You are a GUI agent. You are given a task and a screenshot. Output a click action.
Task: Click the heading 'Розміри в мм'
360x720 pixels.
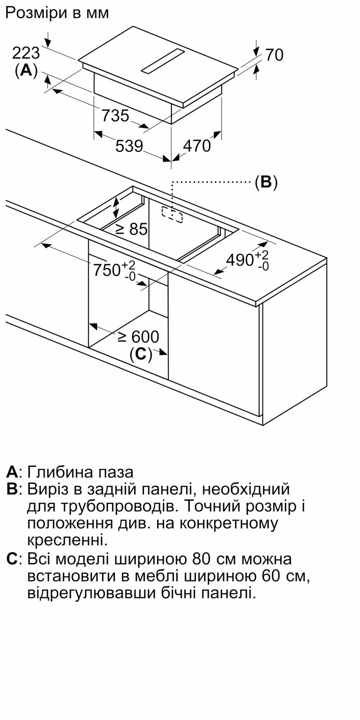[57, 13]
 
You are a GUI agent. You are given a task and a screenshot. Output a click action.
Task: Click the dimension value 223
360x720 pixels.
[26, 53]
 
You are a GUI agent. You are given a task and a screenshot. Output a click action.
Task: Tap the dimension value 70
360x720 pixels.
[274, 55]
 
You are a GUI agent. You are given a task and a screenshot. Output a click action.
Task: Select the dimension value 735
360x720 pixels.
[115, 116]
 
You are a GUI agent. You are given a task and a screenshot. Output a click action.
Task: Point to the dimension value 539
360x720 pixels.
[129, 146]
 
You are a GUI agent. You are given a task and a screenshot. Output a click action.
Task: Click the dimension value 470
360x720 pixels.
[197, 146]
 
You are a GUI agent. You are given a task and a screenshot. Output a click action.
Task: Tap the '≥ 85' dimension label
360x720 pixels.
[131, 229]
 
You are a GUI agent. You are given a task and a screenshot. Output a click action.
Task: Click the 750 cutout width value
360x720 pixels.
[107, 270]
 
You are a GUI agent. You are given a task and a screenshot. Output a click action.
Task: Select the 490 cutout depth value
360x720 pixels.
[240, 260]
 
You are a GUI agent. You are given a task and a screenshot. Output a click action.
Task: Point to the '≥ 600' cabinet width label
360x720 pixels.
[139, 337]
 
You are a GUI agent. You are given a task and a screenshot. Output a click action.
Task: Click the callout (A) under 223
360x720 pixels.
[26, 70]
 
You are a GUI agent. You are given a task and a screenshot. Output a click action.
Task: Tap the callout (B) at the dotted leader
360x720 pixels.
[266, 182]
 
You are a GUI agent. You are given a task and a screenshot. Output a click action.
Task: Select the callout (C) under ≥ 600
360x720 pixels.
[141, 354]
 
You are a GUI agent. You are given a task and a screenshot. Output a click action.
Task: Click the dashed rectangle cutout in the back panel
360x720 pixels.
[172, 215]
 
